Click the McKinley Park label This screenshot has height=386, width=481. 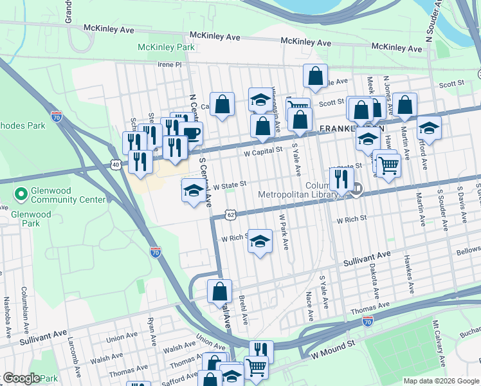point(166,48)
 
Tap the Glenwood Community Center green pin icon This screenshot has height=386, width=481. point(21,192)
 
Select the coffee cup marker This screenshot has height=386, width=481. point(191,134)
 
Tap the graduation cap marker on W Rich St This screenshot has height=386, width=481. point(260,241)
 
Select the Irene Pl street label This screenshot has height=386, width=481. point(170,65)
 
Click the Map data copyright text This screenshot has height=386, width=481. point(440,381)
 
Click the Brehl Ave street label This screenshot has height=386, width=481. point(243,310)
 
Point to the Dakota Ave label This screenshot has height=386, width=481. point(375,284)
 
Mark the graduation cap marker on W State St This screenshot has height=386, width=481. point(194,190)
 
